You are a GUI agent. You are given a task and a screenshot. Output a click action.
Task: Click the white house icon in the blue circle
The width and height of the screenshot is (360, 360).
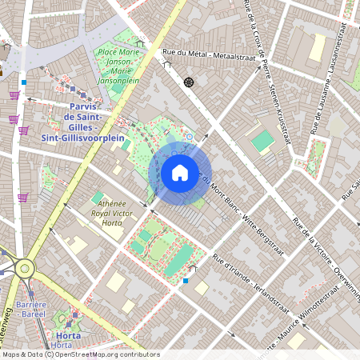click(180, 172)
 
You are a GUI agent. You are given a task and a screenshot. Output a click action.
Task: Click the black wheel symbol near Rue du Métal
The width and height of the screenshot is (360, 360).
click(190, 82)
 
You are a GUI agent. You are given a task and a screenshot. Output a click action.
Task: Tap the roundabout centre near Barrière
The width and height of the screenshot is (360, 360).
click(25, 268)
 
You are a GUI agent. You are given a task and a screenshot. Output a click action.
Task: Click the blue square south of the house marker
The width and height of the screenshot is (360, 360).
click(186, 281)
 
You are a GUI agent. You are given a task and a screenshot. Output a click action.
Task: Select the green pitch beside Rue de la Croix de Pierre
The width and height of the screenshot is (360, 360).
click(262, 142)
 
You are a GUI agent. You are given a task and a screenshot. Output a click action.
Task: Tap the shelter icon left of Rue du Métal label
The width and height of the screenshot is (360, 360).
click(141, 45)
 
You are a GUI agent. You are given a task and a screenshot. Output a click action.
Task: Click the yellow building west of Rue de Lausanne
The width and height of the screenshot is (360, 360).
click(317, 47)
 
